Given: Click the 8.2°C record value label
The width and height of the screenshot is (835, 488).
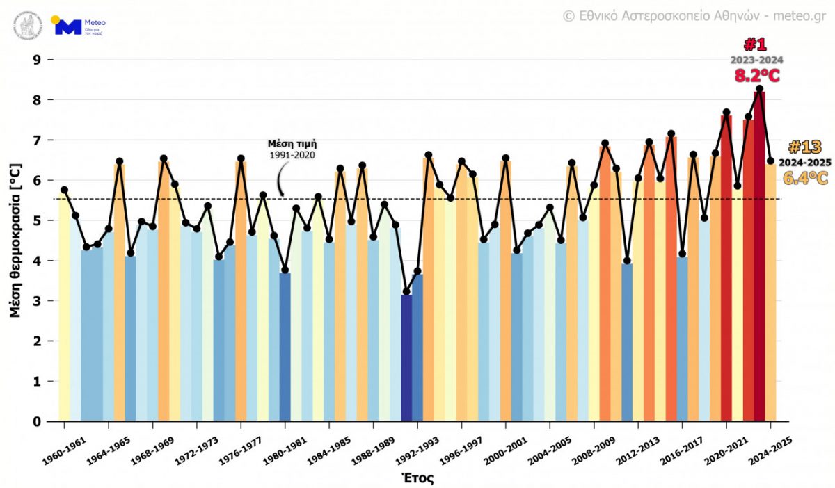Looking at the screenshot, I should (x=757, y=76).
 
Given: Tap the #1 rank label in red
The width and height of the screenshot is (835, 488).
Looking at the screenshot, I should (x=756, y=45).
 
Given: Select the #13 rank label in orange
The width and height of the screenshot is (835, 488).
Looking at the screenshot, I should (x=805, y=147).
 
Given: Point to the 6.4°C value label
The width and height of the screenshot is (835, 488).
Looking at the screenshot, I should (x=805, y=179).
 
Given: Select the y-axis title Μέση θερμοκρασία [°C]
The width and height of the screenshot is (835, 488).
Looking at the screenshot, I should (x=15, y=241).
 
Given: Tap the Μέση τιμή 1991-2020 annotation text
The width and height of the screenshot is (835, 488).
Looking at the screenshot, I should (x=292, y=149).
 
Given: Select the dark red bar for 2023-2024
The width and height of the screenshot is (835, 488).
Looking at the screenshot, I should (x=759, y=257).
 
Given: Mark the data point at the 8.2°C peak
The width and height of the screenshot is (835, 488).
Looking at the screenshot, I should (x=759, y=89).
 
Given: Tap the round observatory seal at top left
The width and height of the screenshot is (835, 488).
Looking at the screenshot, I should (x=27, y=26).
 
